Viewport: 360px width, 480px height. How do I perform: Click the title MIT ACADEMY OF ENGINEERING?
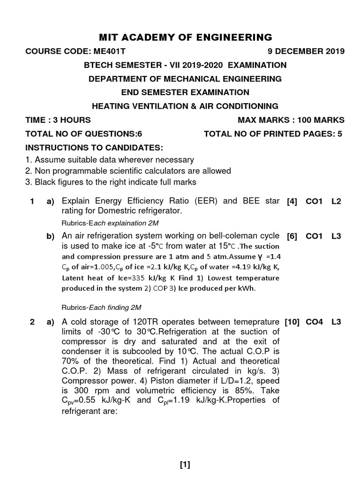pyautogui.click(x=185, y=37)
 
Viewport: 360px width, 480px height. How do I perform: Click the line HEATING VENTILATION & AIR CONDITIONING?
pyautogui.click(x=185, y=106)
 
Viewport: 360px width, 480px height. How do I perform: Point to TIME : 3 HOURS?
pyautogui.click(x=58, y=120)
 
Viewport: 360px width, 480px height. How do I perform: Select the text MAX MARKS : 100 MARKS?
pyautogui.click(x=291, y=120)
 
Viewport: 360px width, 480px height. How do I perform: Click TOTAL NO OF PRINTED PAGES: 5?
pyautogui.click(x=273, y=134)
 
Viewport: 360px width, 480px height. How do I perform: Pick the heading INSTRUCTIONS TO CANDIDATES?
pyautogui.click(x=94, y=148)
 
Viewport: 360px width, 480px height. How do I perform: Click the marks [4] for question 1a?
pyautogui.click(x=292, y=202)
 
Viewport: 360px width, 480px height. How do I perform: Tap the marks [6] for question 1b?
pyautogui.click(x=292, y=237)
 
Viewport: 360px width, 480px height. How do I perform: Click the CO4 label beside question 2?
pyautogui.click(x=314, y=322)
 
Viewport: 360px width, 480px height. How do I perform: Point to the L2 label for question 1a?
pyautogui.click(x=336, y=202)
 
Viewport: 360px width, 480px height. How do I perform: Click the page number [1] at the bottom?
pyautogui.click(x=185, y=465)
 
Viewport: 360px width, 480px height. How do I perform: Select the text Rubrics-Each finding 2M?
pyautogui.click(x=102, y=307)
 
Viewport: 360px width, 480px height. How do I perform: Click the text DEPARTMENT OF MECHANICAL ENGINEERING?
pyautogui.click(x=185, y=79)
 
